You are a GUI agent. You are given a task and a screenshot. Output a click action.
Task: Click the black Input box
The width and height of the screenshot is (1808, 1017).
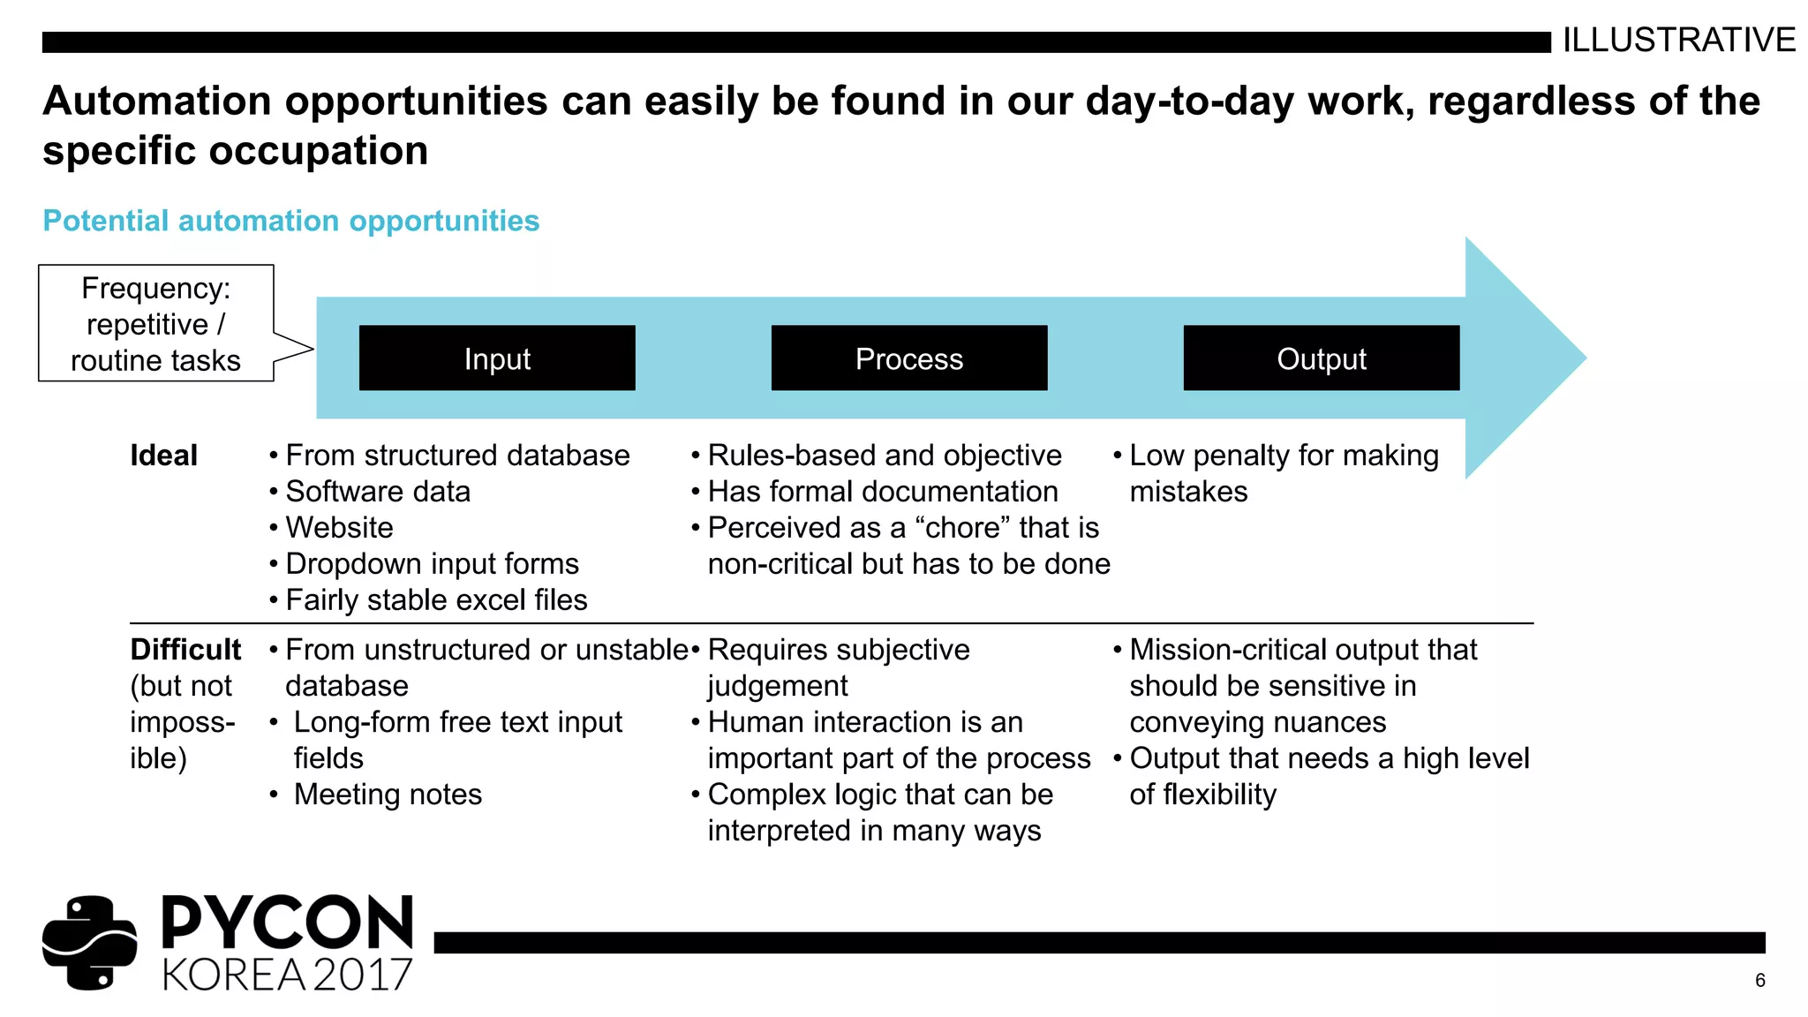click(497, 358)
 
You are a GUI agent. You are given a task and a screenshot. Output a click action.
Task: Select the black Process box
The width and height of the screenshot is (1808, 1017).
click(908, 358)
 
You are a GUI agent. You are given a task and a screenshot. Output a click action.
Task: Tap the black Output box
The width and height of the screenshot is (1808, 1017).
click(1321, 358)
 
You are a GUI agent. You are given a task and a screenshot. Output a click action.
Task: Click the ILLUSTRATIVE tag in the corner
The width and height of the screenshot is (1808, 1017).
click(1678, 41)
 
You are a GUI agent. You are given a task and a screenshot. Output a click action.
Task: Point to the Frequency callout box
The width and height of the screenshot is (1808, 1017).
click(156, 324)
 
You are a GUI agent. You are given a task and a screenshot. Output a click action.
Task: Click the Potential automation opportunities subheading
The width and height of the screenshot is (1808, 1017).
click(290, 221)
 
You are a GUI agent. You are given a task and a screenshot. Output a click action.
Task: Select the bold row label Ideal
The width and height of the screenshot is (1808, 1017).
click(163, 456)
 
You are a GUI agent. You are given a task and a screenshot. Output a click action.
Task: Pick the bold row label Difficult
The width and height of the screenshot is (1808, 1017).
click(185, 650)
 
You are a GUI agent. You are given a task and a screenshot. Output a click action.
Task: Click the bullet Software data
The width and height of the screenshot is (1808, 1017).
click(378, 492)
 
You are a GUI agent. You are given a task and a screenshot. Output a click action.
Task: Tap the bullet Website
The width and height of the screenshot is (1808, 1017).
click(339, 528)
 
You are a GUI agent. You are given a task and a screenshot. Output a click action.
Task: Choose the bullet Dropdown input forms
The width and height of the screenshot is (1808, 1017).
click(432, 564)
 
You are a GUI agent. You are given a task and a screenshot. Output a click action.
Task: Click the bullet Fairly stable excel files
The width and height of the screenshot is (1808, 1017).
click(436, 600)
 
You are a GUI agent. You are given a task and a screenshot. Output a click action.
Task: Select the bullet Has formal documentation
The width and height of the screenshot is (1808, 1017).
click(883, 492)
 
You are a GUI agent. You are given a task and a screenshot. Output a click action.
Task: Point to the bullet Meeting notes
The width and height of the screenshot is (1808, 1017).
click(388, 795)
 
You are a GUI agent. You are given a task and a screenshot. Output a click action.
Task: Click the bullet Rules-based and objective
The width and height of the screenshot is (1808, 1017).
click(885, 456)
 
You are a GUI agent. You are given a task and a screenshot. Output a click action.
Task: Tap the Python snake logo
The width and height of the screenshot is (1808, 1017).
click(89, 942)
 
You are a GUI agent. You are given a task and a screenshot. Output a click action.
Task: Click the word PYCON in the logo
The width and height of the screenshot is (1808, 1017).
click(288, 923)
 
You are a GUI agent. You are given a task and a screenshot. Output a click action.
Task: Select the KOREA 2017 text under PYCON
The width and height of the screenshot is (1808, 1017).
click(288, 975)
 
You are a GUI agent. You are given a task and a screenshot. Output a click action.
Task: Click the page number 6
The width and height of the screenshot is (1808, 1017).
click(1759, 981)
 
